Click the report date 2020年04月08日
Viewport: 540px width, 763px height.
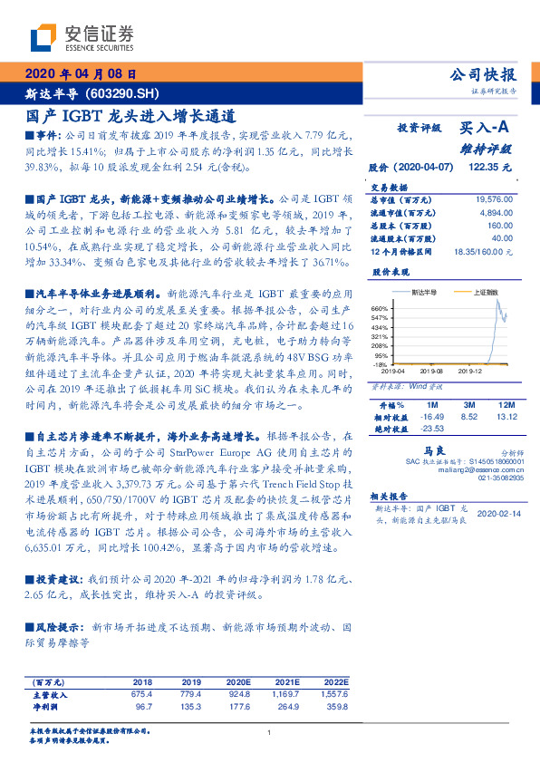point(80,74)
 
